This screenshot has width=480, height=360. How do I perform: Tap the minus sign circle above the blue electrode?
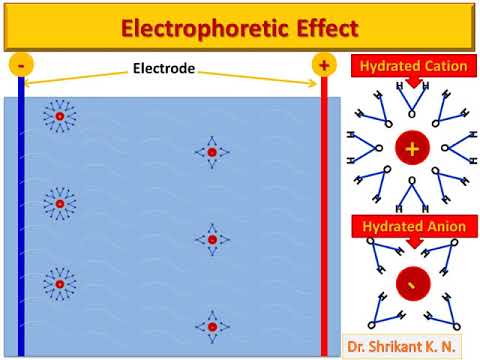tap(21, 65)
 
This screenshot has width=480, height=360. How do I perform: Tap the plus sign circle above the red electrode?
tap(323, 65)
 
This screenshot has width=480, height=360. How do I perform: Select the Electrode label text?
tap(164, 71)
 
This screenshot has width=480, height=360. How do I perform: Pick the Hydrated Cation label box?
tap(410, 66)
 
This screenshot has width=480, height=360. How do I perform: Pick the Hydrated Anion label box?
tap(410, 227)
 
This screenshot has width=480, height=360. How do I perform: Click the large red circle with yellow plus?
tap(410, 148)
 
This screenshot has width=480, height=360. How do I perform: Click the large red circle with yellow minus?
tap(410, 285)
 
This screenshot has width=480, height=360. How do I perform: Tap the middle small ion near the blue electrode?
tap(60, 204)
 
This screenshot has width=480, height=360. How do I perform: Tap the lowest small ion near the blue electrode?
tap(60, 285)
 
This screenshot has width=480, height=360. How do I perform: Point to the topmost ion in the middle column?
tap(212, 153)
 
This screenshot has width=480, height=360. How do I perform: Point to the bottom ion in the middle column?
tap(212, 326)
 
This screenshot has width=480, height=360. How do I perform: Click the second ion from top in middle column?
tap(212, 239)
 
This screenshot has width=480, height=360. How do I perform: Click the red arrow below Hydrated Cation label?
tap(410, 86)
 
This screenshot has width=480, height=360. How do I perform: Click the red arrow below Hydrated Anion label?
tap(410, 246)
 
